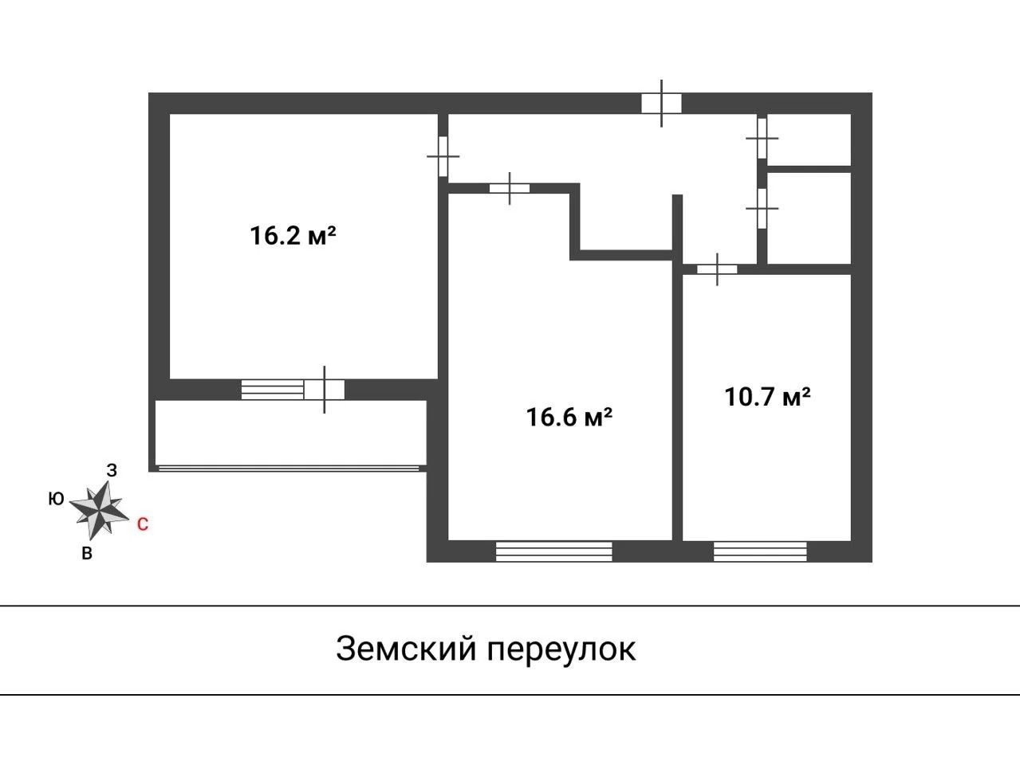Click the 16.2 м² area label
point(293,236)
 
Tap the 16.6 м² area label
point(569,417)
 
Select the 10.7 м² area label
point(768,397)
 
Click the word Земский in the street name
point(407,649)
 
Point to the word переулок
point(561,651)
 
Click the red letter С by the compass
point(143,524)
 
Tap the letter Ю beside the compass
point(56,499)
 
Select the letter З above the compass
point(112,471)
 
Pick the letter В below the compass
point(87,553)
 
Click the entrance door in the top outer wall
point(662,103)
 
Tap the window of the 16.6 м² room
point(554,551)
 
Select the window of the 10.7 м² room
point(760,551)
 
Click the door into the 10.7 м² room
point(717,269)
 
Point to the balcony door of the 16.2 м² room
point(325,390)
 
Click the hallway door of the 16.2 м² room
point(443,156)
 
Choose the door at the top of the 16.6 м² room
point(510,189)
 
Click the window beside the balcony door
point(273,390)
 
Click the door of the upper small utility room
point(762,139)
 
